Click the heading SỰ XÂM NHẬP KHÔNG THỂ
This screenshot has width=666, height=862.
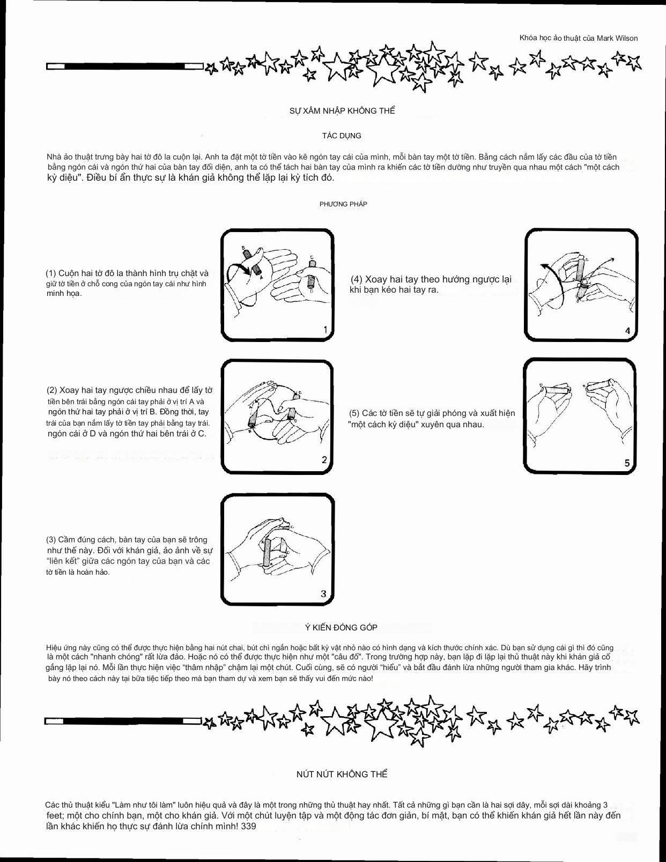tap(342, 111)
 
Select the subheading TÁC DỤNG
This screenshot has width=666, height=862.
tap(342, 136)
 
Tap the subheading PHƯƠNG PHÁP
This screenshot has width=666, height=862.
tap(343, 204)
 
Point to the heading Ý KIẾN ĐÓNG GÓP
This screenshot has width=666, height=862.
tap(341, 627)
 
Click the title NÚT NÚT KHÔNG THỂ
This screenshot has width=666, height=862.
tap(342, 774)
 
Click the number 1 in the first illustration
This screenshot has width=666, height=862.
tap(325, 330)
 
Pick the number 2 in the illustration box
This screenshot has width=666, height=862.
tap(324, 460)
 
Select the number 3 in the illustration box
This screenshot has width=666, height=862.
tap(323, 593)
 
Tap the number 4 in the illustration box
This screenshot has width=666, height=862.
tap(627, 331)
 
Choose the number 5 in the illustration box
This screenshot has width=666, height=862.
tap(627, 463)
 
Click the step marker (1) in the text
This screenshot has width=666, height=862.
tap(51, 273)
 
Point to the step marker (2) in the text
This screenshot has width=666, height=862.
tap(52, 390)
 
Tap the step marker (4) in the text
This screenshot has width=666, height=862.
tap(357, 279)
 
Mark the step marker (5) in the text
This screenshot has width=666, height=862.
tap(354, 413)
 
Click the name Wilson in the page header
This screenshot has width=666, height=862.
tap(625, 38)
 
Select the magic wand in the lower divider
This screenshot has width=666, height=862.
tap(123, 722)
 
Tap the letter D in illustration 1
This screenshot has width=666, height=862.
tap(312, 291)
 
